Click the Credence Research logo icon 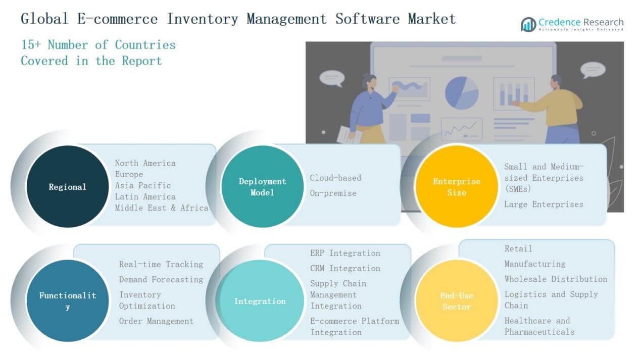pos(528,25)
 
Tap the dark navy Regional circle pos(68,186)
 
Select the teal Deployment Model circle pos(262,186)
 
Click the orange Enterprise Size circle pos(457,186)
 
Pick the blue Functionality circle pos(68,300)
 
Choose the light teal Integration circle pos(260,300)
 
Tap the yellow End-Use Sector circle pos(457,300)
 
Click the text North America pos(145,163)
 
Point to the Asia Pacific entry pos(143,185)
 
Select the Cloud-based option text pos(335,178)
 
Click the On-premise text pos(333,193)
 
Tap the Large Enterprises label pos(544,204)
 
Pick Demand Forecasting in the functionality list pos(161,280)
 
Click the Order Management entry pos(156,321)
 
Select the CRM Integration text pos(345,268)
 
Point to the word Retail pos(518,248)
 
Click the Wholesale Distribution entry pos(556,279)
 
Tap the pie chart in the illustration pos(462,93)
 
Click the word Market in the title pos(432,19)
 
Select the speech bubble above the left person pos(332,78)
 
